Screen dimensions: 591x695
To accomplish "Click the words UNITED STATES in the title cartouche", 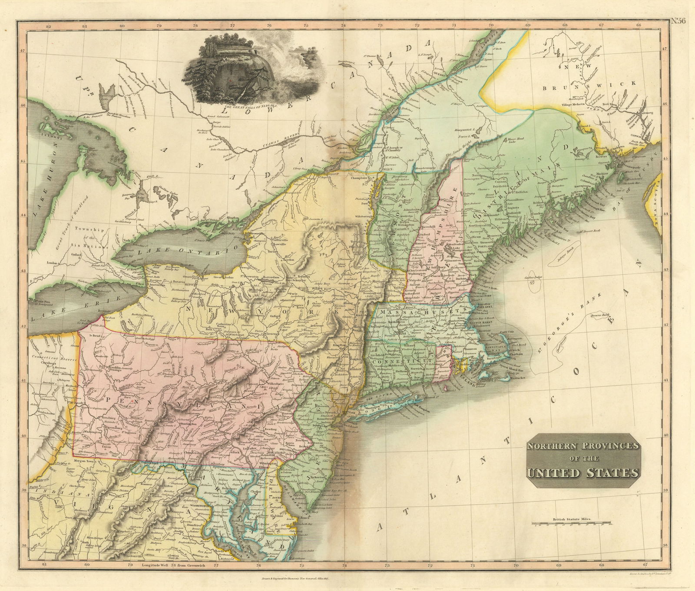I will click(x=583, y=472).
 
